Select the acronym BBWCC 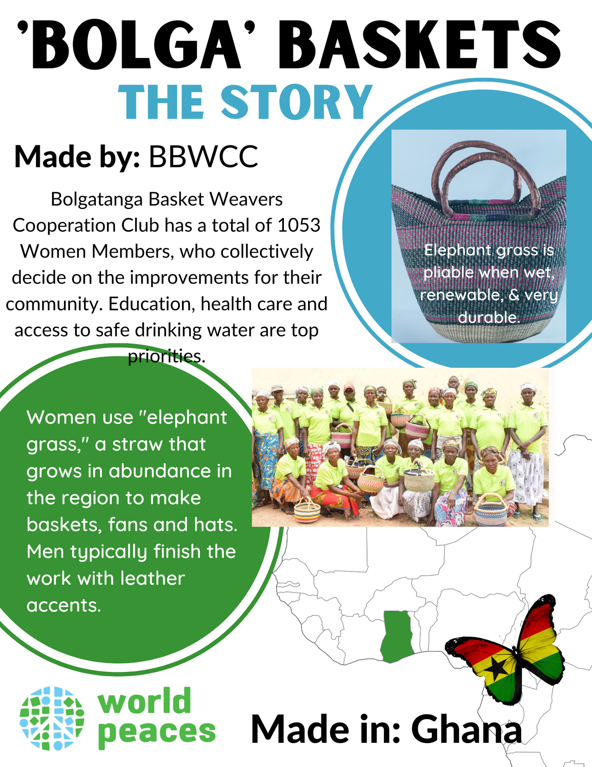coord(203,157)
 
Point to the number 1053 coord(299,225)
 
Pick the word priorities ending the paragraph coord(166,356)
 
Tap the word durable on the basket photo coord(489,317)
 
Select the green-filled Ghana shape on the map coord(396,635)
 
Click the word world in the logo coord(144,701)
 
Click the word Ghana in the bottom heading coord(467,729)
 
